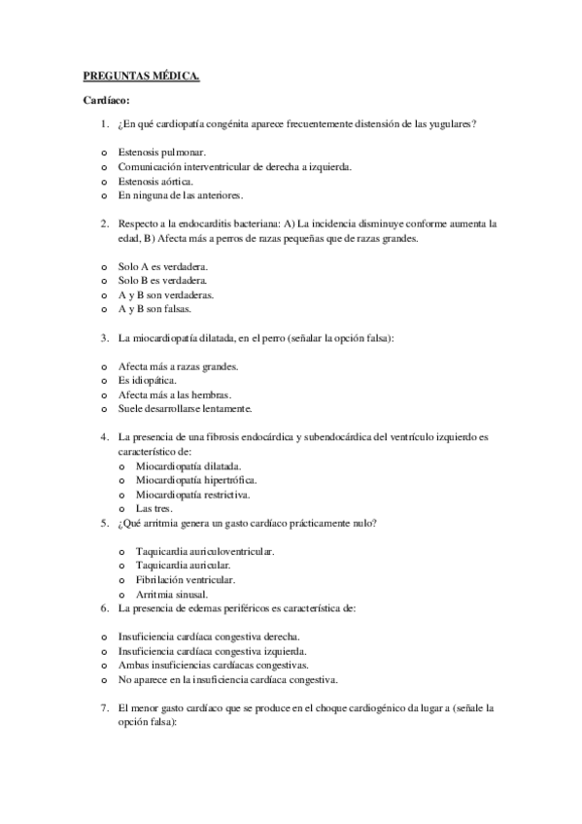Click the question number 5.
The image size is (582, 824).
coord(104,524)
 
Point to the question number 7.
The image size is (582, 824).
coord(104,708)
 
